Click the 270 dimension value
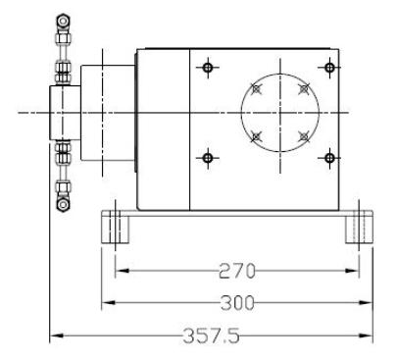236,271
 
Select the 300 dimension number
237,303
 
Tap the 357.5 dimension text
211,335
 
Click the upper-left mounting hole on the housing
208,68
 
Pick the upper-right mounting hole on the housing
330,68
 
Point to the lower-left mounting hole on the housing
208,158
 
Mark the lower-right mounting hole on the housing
330,158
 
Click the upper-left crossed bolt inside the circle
257,88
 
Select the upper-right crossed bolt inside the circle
304,88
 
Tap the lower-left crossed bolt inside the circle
257,136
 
